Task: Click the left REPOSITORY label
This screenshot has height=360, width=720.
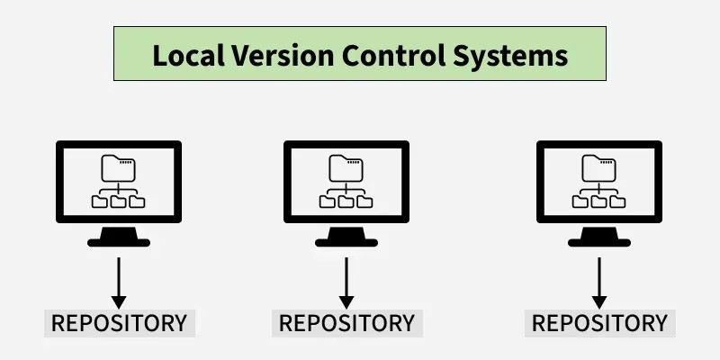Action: click(x=119, y=323)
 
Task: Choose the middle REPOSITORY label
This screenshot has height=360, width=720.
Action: click(x=346, y=323)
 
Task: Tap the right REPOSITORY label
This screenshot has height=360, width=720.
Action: click(x=599, y=323)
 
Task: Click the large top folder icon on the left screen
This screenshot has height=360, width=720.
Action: click(x=119, y=167)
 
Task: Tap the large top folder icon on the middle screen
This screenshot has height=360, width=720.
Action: click(x=346, y=167)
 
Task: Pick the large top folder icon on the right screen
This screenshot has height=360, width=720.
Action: click(x=599, y=167)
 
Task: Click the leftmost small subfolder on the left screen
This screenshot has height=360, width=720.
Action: click(x=100, y=202)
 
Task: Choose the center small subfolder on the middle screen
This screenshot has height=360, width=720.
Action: click(x=346, y=202)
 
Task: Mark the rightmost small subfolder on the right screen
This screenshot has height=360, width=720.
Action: click(x=618, y=202)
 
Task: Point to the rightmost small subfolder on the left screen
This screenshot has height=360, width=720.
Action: click(x=138, y=202)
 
